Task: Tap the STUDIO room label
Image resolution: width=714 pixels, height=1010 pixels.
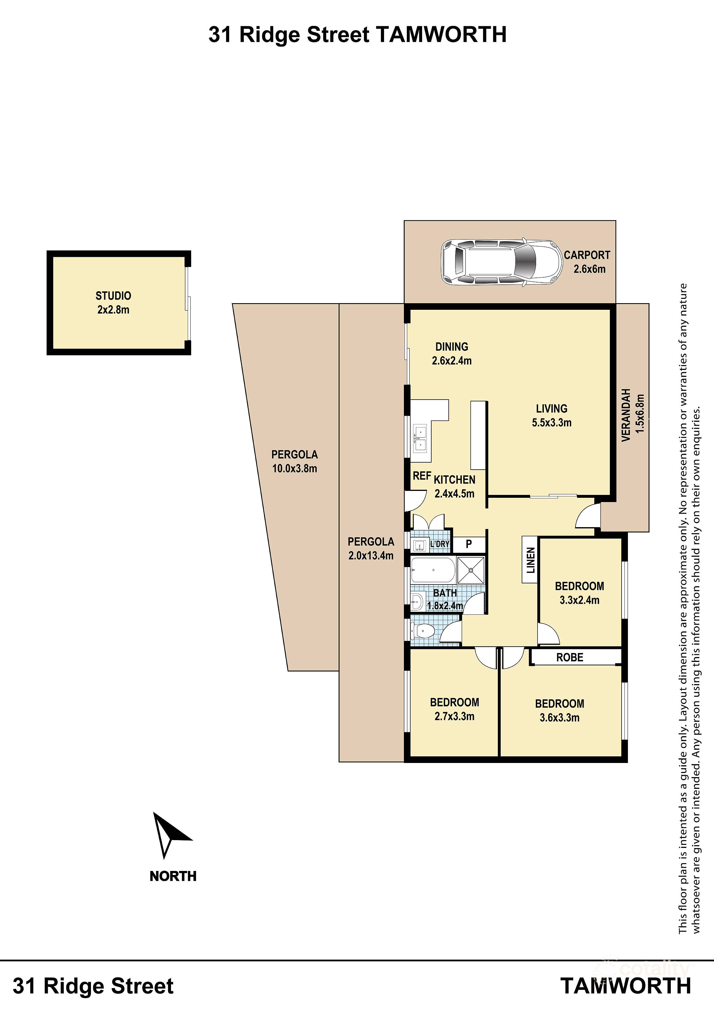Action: (113, 296)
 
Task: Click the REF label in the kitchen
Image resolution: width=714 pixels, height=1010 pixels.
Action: (421, 476)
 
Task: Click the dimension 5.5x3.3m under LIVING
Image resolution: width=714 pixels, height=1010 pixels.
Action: (551, 423)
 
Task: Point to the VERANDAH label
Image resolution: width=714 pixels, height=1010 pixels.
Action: (626, 415)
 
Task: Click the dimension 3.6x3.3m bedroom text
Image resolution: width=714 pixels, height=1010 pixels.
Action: (559, 717)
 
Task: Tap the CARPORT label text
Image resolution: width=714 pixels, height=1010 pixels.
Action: (587, 255)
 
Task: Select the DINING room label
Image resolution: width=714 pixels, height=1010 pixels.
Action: (451, 347)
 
